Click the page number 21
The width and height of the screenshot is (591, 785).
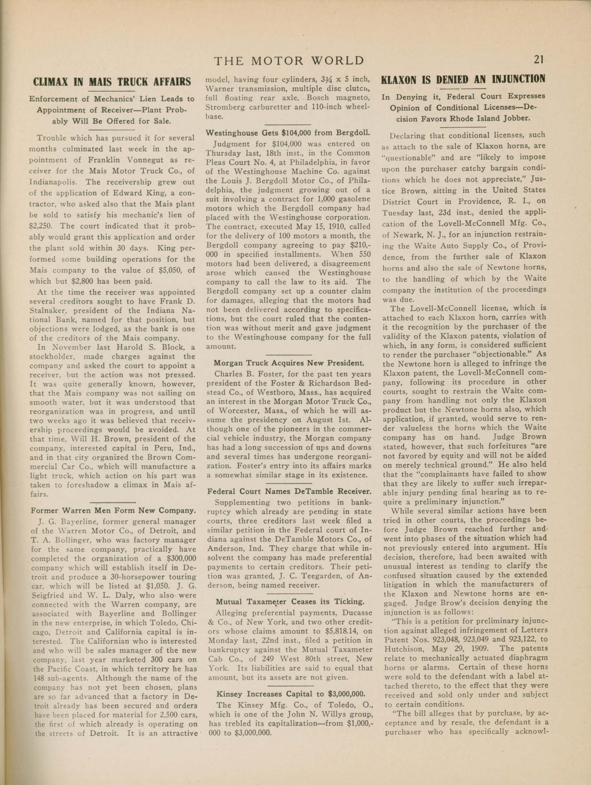pyautogui.click(x=539, y=60)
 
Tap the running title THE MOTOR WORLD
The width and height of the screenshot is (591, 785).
pyautogui.click(x=289, y=61)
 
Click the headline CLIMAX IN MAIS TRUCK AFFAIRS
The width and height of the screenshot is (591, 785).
pyautogui.click(x=112, y=82)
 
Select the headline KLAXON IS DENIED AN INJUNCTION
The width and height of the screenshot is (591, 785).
pyautogui.click(x=463, y=78)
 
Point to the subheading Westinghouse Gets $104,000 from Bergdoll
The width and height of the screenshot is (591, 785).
pyautogui.click(x=288, y=133)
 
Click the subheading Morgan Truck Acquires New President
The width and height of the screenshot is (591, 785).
pyautogui.click(x=289, y=363)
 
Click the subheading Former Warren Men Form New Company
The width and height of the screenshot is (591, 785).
pyautogui.click(x=113, y=511)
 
